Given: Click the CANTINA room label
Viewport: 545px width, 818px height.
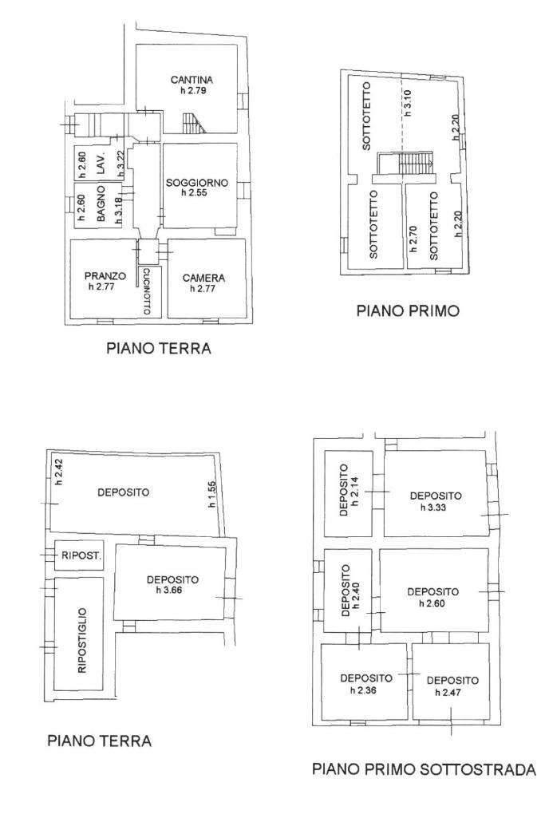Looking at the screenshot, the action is (x=192, y=80).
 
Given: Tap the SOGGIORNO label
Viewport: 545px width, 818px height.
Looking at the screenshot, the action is (x=196, y=183).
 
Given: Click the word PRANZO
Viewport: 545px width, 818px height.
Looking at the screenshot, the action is (x=105, y=276).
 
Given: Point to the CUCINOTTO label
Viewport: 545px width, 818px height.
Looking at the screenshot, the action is (x=147, y=291).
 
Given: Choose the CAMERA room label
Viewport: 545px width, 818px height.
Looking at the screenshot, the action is (x=203, y=279).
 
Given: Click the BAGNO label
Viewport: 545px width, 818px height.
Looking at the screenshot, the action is (x=101, y=204).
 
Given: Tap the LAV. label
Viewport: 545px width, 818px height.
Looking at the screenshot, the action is (x=101, y=164).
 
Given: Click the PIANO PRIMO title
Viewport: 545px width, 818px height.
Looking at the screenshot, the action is (x=408, y=311).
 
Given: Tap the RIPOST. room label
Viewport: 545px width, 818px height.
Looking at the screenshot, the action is (x=81, y=555).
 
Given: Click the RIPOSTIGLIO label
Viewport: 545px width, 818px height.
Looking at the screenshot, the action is (x=81, y=641).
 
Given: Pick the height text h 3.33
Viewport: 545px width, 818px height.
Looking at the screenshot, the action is (x=434, y=507).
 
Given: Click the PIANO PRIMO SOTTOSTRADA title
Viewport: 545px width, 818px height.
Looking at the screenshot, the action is (x=424, y=769).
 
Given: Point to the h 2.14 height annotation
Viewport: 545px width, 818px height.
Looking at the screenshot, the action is (x=357, y=492).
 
